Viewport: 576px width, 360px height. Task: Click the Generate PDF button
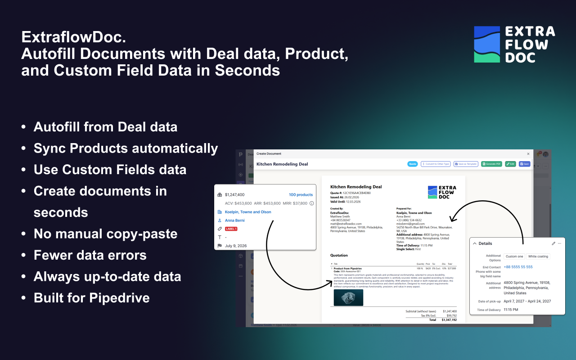click(491, 164)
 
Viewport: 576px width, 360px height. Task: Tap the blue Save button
click(524, 164)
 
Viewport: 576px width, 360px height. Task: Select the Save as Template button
click(466, 164)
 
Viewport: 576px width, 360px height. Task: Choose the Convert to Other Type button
click(435, 164)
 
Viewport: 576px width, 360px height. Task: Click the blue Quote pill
click(412, 164)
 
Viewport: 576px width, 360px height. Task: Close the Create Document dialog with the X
click(528, 154)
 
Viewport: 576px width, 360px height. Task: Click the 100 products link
click(301, 195)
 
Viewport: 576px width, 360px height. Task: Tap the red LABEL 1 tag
click(231, 229)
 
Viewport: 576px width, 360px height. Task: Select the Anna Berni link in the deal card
click(235, 220)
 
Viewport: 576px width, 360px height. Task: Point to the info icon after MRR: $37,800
click(311, 203)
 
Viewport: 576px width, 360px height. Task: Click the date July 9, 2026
click(236, 246)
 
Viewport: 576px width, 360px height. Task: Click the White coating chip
click(538, 256)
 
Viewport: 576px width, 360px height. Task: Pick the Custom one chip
click(514, 256)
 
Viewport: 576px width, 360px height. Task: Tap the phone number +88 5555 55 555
click(518, 267)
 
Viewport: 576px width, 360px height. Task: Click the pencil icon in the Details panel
click(553, 243)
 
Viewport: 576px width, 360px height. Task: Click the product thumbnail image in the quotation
click(348, 297)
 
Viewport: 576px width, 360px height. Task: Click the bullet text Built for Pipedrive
click(92, 298)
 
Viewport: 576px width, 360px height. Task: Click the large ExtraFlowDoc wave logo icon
click(487, 44)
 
